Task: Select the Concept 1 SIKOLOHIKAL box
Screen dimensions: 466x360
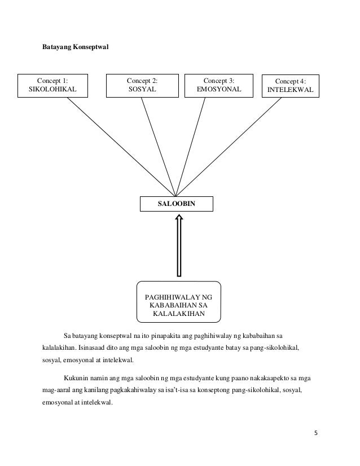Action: point(55,85)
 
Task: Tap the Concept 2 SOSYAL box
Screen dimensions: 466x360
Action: point(142,85)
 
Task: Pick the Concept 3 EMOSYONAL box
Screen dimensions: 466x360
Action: point(218,85)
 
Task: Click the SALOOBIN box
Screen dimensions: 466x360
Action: point(177,203)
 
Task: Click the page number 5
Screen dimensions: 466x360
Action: point(316,433)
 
